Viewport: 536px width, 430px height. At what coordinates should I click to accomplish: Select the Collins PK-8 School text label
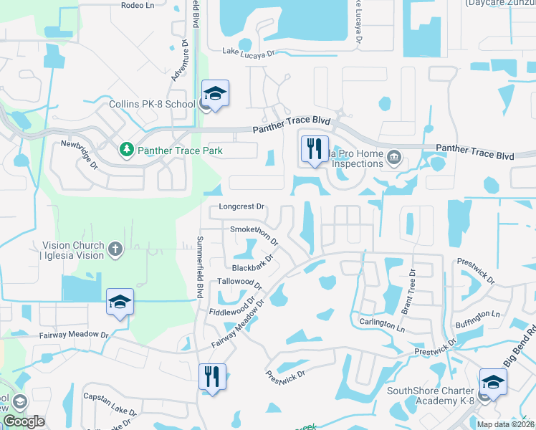[152, 104]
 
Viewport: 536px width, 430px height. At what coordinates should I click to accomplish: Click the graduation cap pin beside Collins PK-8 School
[215, 94]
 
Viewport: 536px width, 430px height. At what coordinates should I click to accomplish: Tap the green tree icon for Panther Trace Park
[127, 150]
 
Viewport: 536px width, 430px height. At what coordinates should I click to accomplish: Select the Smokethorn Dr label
[254, 234]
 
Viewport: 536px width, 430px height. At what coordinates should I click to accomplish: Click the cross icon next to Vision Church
[115, 249]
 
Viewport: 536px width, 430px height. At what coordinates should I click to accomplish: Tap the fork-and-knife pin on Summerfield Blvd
[212, 376]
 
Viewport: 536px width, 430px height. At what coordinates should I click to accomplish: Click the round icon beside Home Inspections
[393, 158]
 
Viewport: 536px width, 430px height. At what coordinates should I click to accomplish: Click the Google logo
[24, 421]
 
